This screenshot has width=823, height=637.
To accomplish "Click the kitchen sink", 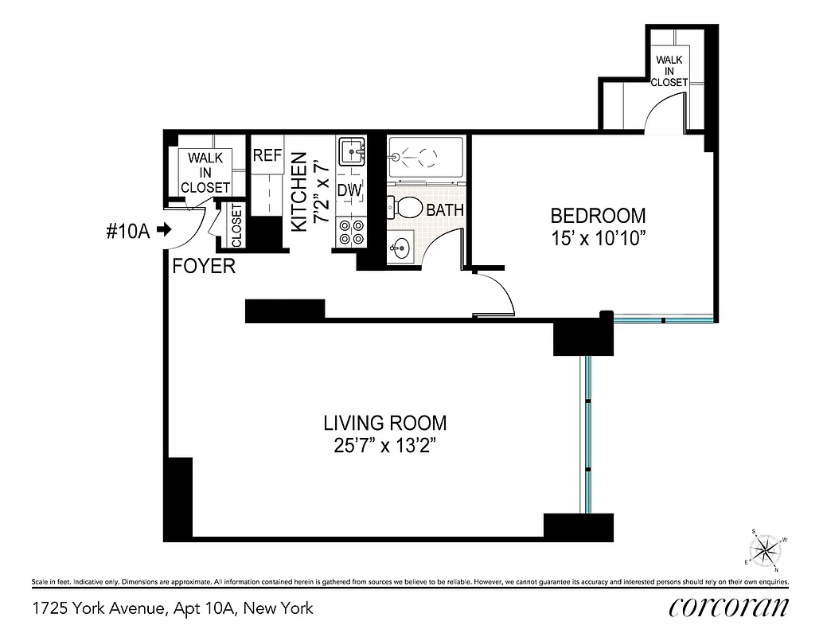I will pos(350,150).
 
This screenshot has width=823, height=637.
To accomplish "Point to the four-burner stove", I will pos(350,232).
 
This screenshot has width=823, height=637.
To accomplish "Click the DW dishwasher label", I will pos(349,191).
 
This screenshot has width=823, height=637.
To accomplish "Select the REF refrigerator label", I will pos(267,156).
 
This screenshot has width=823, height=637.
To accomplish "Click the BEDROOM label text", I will pos(598,216).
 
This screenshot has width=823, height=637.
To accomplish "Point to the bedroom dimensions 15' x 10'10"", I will pos(598,238).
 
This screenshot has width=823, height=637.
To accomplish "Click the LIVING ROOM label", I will pos(384,423).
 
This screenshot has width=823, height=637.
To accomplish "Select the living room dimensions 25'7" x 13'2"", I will pos(384,446).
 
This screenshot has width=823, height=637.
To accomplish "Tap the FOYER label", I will pos(204,267).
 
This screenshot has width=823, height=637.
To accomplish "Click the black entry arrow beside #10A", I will pos(164,230).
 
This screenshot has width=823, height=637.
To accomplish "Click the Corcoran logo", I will pos(728,606).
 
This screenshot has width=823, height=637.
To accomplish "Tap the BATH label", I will pos(444,211).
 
